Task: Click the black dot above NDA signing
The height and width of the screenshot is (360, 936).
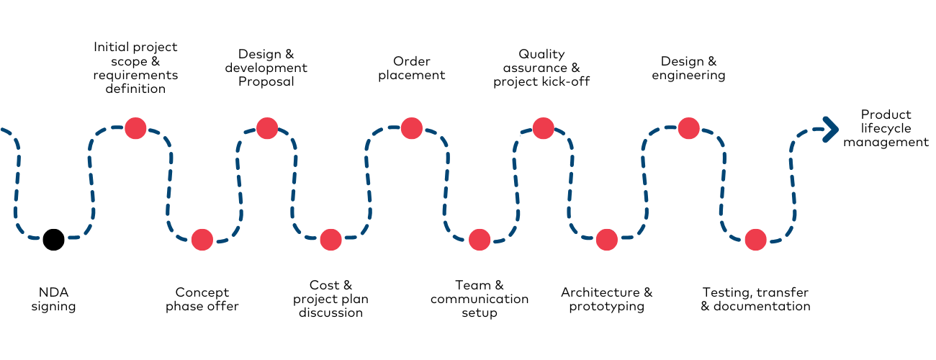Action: tap(53, 239)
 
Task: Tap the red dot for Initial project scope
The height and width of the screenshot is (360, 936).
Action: tap(135, 128)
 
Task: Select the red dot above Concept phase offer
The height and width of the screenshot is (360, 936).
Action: tap(202, 240)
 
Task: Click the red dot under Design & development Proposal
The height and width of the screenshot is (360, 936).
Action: tap(266, 128)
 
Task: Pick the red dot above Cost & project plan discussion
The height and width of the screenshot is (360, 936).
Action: tap(330, 240)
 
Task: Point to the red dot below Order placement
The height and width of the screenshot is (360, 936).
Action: tap(411, 128)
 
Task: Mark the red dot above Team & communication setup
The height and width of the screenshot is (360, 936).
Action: tap(480, 240)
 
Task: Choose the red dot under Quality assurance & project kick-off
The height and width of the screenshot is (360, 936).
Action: tap(543, 128)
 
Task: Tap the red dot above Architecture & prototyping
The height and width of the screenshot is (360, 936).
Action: tap(607, 240)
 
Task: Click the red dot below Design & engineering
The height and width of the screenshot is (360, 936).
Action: tap(688, 128)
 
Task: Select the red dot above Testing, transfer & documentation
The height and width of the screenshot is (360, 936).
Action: tap(755, 240)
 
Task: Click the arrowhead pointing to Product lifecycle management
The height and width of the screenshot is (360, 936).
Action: tap(832, 129)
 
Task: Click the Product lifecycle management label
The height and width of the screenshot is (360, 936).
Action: tap(886, 128)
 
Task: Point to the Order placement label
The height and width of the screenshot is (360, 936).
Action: tap(412, 68)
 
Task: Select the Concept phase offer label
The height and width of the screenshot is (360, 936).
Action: tap(202, 300)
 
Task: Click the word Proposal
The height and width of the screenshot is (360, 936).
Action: tap(266, 82)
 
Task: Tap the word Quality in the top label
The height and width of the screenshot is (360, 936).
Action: tap(541, 54)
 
